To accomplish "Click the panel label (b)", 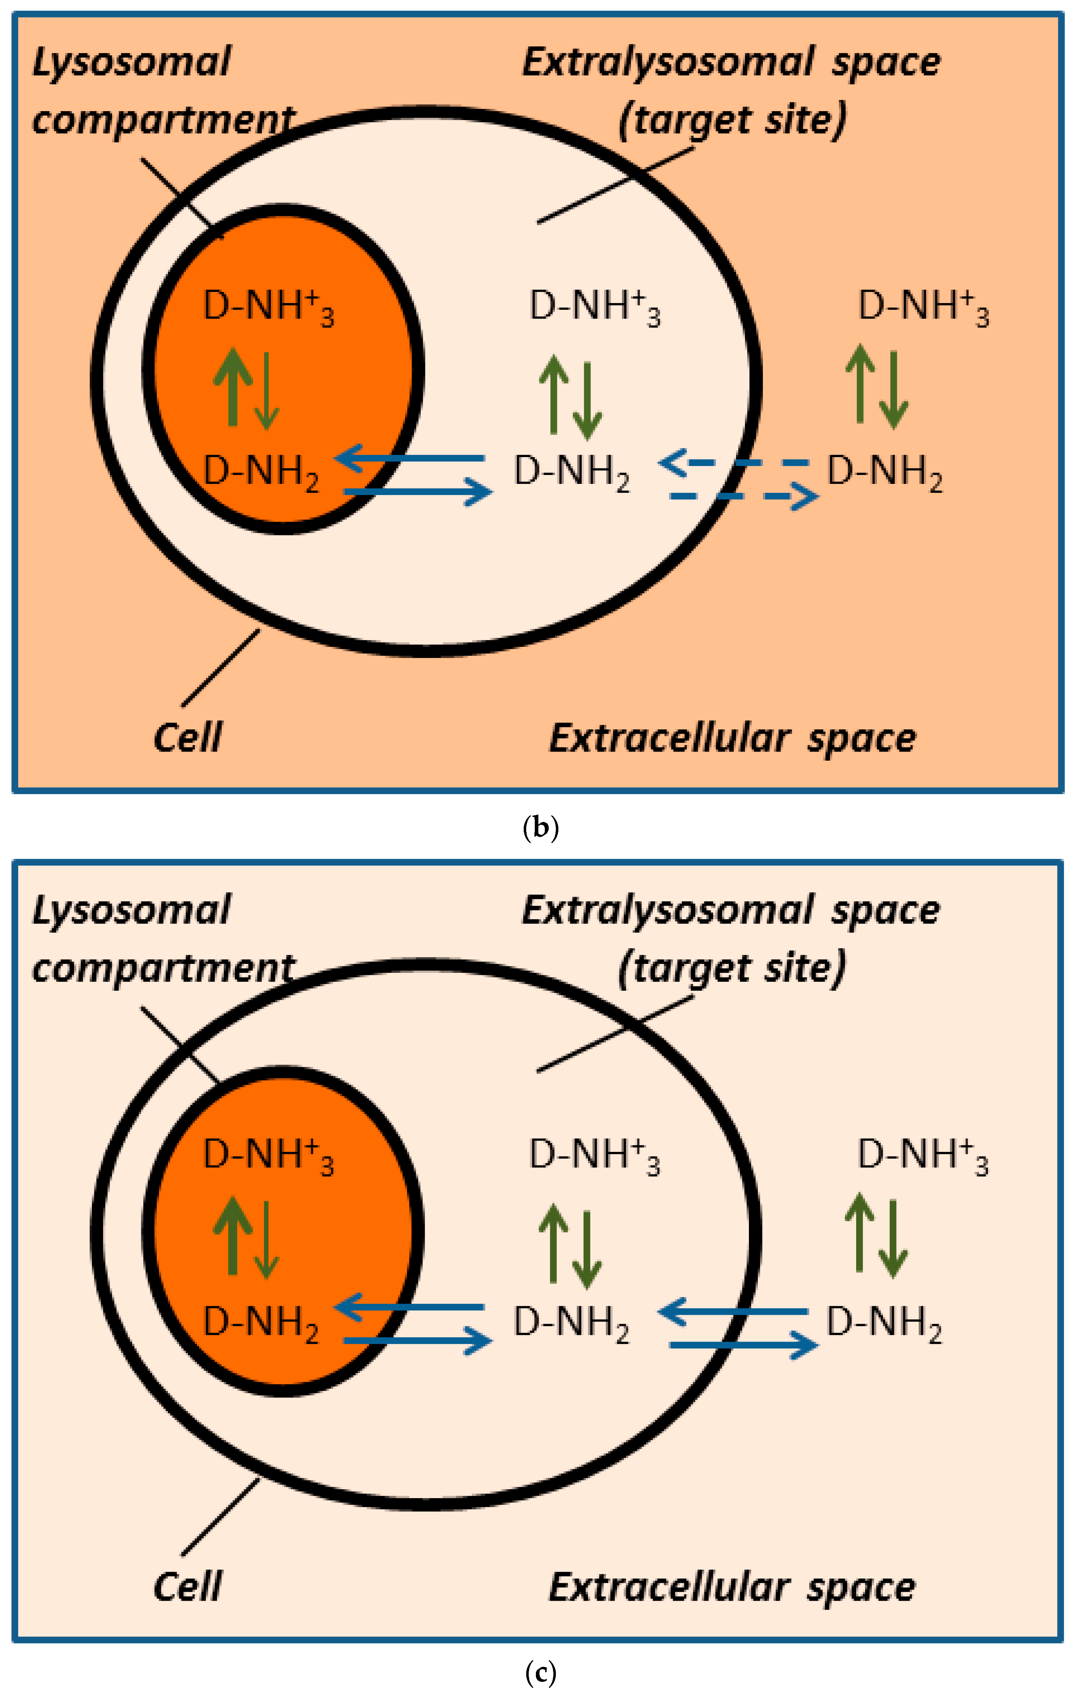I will point(541,827).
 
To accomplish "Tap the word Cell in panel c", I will point(187,1587).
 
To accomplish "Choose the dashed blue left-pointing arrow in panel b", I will point(734,464).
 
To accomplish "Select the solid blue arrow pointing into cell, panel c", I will point(734,1312).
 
